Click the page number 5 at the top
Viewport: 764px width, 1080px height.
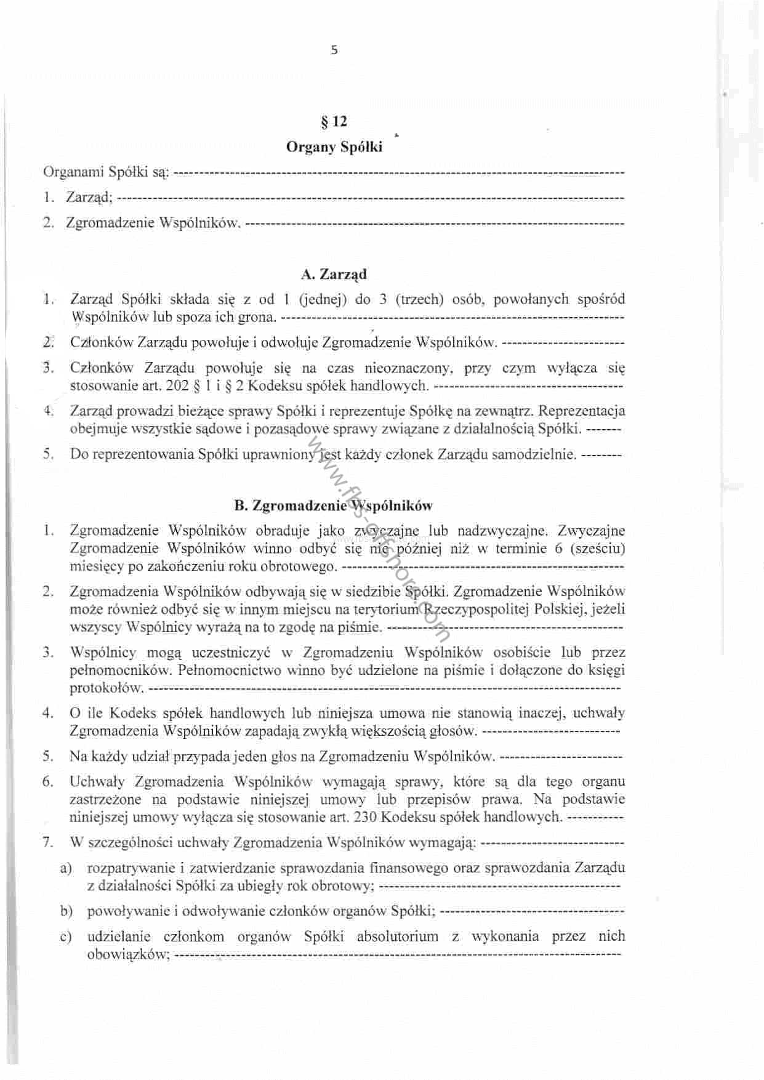pyautogui.click(x=334, y=50)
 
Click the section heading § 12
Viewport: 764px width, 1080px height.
pyautogui.click(x=334, y=122)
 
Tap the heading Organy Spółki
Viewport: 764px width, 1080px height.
pyautogui.click(x=334, y=147)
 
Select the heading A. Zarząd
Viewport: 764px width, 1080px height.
pyautogui.click(x=334, y=275)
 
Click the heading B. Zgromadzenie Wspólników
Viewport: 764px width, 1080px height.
pyautogui.click(x=334, y=506)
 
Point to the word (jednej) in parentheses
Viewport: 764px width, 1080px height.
pyautogui.click(x=320, y=300)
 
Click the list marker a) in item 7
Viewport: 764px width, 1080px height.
pyautogui.click(x=66, y=868)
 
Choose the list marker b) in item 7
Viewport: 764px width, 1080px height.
pyautogui.click(x=66, y=911)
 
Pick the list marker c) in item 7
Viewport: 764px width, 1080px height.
pyautogui.click(x=66, y=937)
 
